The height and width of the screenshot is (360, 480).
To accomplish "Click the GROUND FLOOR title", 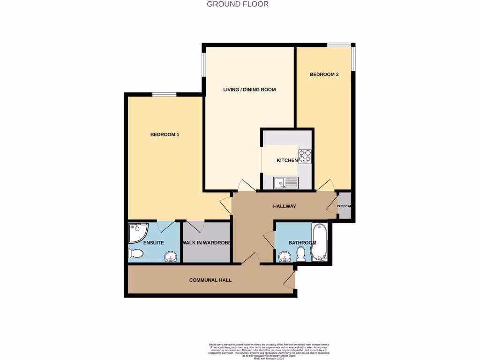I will click(x=238, y=4).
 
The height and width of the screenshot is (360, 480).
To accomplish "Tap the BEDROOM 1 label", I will click(x=165, y=135).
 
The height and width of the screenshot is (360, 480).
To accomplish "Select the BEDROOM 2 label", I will click(x=324, y=74).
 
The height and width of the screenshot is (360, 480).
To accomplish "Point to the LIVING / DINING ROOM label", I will click(x=249, y=90).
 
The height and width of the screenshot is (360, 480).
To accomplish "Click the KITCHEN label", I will click(x=287, y=160).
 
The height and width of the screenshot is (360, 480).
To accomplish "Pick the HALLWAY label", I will click(x=285, y=206).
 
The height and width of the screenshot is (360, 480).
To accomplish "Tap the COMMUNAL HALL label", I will click(x=210, y=280).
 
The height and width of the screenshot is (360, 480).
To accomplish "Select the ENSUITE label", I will click(x=153, y=243).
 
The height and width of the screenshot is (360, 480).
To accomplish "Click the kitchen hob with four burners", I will click(x=305, y=156).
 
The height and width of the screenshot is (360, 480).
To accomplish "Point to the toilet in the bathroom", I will click(x=301, y=254).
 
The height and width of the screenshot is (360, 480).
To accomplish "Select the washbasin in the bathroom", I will click(x=284, y=256).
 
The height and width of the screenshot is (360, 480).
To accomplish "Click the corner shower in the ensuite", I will click(x=137, y=232).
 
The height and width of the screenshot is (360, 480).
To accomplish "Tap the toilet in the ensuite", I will click(x=135, y=254).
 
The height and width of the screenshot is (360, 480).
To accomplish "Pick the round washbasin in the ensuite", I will click(x=171, y=256).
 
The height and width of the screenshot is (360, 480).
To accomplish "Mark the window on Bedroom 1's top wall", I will click(x=164, y=95).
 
